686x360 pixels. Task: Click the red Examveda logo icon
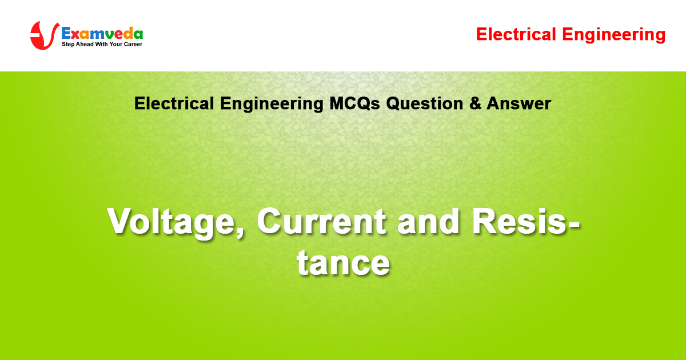45,35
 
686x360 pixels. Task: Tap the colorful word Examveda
102,33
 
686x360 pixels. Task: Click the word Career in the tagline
133,45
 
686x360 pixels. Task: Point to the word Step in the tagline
68,45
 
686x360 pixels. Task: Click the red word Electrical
516,34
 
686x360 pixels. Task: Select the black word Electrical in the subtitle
174,103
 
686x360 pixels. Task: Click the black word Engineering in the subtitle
272,104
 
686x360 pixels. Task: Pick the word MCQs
354,103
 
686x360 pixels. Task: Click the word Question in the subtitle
424,103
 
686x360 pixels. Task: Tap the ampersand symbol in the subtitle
475,103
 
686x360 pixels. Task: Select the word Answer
519,103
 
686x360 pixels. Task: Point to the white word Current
321,221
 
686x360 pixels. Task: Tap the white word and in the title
428,221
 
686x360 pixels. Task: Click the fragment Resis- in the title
526,221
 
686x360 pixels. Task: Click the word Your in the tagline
115,45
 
